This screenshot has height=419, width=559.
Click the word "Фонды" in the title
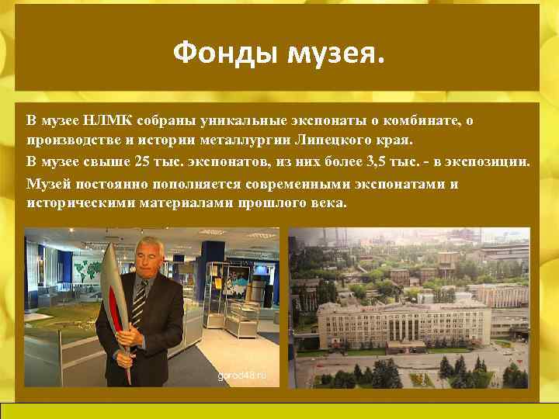tap(225, 54)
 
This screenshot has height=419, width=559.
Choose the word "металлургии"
tap(250, 142)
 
